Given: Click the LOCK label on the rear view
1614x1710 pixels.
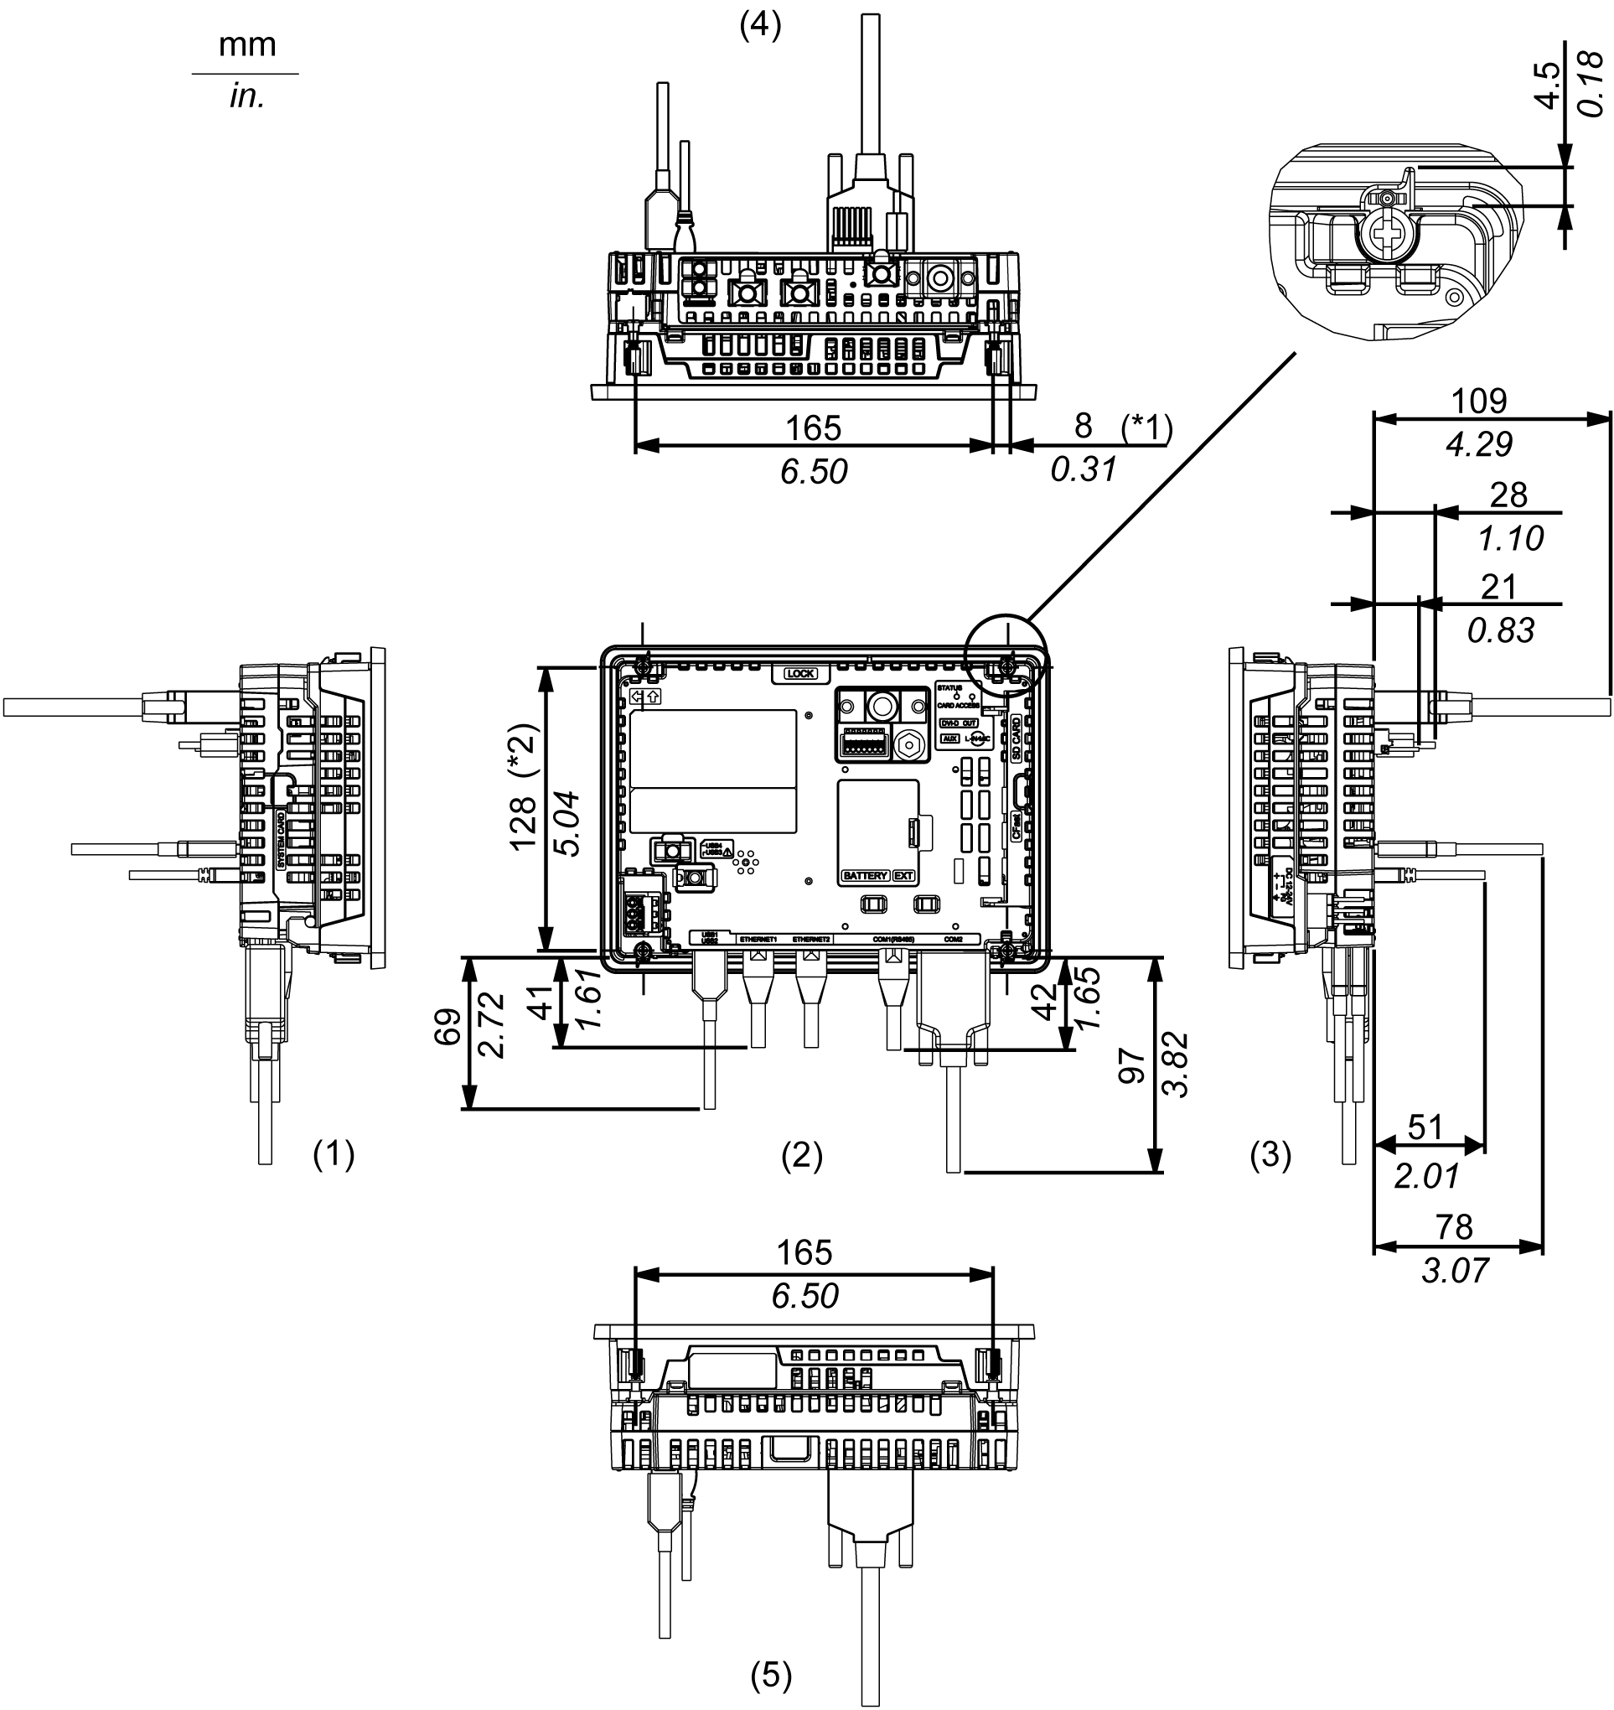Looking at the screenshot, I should (x=800, y=674).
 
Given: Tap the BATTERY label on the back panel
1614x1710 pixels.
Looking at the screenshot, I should (x=864, y=876).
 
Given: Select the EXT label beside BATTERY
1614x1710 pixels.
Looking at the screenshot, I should (x=903, y=876).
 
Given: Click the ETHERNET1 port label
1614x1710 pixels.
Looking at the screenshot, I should (x=759, y=939).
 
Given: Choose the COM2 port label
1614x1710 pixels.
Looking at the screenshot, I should (x=953, y=939).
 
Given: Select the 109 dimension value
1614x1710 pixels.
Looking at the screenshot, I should (x=1479, y=401).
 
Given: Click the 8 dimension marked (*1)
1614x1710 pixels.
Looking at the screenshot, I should (x=1084, y=425).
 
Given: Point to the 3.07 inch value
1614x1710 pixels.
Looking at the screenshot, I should (x=1454, y=1270).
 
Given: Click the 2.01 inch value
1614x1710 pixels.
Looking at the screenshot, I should (x=1426, y=1176).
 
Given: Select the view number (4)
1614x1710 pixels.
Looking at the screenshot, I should (x=761, y=27).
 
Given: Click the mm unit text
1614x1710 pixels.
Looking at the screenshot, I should (x=247, y=44).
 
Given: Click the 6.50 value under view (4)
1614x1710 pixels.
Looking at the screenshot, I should (x=814, y=472).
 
